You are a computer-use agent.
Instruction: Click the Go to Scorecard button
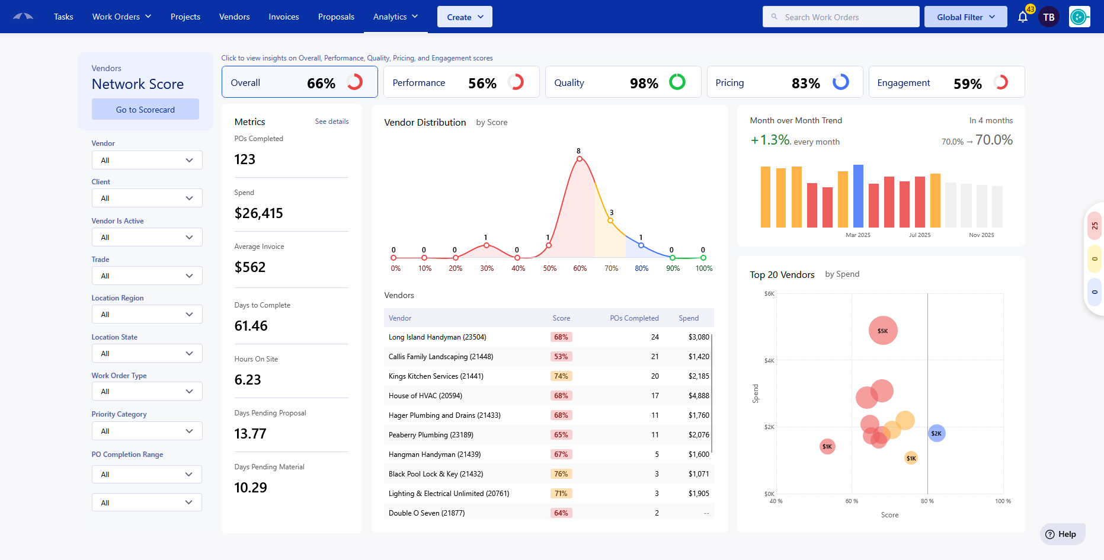click(145, 110)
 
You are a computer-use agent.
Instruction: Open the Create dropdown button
click(465, 17)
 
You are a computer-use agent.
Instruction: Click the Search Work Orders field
click(841, 17)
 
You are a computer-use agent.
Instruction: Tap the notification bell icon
click(1023, 17)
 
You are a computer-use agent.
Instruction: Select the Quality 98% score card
click(623, 82)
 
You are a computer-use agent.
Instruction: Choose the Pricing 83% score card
click(785, 82)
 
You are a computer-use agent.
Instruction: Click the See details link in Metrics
click(332, 121)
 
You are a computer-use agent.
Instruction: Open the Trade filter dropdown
click(147, 276)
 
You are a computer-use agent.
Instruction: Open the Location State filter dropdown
click(147, 354)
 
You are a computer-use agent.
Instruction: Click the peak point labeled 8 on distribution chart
click(580, 159)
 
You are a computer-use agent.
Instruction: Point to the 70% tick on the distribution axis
click(612, 268)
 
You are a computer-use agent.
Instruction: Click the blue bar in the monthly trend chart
click(858, 196)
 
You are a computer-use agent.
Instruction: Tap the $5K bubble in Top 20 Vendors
click(883, 331)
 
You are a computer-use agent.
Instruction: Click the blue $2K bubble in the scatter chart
click(936, 433)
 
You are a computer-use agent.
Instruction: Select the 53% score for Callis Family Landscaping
click(561, 357)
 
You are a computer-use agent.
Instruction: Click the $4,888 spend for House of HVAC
click(699, 396)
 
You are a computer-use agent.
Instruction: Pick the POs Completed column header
click(634, 318)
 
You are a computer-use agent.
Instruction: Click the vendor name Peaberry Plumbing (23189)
click(431, 435)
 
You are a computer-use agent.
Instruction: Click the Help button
click(1062, 534)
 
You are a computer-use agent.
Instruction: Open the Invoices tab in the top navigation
click(284, 17)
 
